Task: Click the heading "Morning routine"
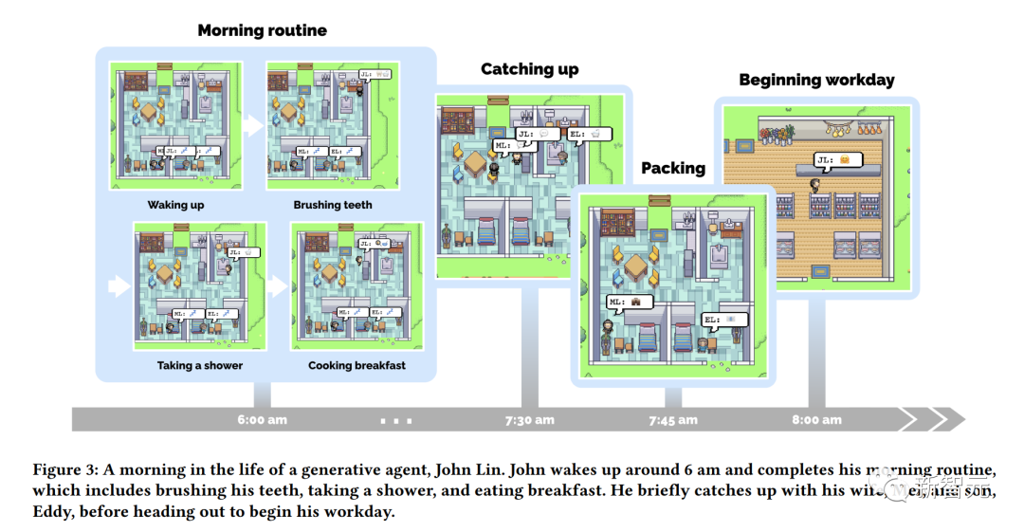click(x=262, y=30)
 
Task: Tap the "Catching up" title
click(x=529, y=69)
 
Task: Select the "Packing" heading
click(x=673, y=168)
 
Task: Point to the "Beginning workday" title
click(x=816, y=80)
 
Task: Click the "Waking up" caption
click(x=175, y=205)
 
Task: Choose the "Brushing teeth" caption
click(x=332, y=205)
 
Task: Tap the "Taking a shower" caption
click(x=199, y=365)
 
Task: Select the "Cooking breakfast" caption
click(x=357, y=365)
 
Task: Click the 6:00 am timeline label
click(x=262, y=419)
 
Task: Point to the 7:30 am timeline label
click(x=530, y=419)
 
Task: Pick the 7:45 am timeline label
click(x=672, y=419)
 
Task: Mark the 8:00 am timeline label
click(x=816, y=419)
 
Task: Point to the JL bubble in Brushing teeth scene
click(x=375, y=73)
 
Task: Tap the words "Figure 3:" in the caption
click(x=65, y=469)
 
